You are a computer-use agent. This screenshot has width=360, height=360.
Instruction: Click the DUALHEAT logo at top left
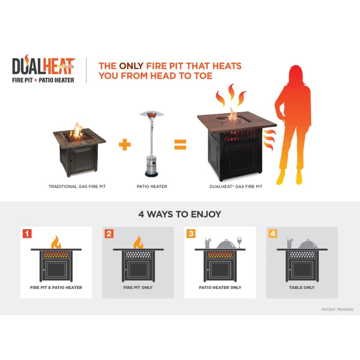click(x=43, y=69)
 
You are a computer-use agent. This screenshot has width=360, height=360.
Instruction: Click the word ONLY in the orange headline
click(x=131, y=66)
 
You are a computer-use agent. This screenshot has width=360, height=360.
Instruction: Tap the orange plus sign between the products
click(x=125, y=144)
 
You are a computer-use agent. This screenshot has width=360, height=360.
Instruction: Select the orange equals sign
click(x=180, y=144)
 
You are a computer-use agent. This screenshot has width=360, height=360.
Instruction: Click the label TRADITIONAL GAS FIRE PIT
click(x=77, y=187)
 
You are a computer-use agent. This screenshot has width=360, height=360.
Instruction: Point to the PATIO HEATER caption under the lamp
click(x=152, y=187)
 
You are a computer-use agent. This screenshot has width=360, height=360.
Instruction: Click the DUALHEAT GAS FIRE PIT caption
click(x=236, y=187)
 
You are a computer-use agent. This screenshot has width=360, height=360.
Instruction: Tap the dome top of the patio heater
click(x=152, y=114)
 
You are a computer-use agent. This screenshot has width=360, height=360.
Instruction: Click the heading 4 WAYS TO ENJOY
click(x=180, y=214)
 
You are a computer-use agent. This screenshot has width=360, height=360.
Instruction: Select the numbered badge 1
click(x=27, y=234)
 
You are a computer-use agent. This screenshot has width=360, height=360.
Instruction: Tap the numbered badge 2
click(x=109, y=234)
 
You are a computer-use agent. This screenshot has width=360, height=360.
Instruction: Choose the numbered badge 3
click(x=191, y=234)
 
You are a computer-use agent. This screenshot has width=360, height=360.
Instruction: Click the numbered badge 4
click(x=273, y=234)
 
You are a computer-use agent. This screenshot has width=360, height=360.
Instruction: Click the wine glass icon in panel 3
click(x=239, y=243)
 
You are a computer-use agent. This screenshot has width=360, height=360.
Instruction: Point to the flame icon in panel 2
click(x=138, y=242)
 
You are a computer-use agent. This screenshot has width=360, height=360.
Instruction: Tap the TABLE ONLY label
click(x=301, y=288)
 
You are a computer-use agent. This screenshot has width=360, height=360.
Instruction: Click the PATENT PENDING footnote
click(x=337, y=310)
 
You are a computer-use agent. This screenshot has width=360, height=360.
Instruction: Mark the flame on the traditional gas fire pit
click(x=76, y=130)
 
